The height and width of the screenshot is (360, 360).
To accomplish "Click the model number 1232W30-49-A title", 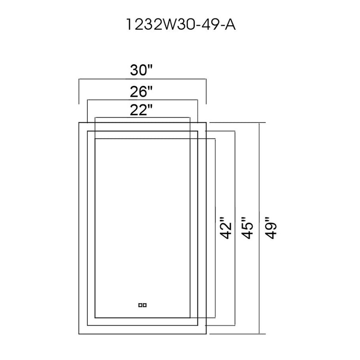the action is point(181,25).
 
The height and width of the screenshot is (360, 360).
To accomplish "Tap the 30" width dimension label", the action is point(141,70).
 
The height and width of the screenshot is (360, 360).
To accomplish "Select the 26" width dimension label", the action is point(141,92).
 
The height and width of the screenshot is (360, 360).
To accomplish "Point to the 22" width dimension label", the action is point(141,110).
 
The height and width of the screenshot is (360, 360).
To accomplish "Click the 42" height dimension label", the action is point(225,228).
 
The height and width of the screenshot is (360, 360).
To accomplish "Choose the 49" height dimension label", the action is point(271,228).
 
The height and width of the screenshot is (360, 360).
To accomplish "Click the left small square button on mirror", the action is point(140,305).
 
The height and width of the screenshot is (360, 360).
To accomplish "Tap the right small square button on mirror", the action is point(144,305).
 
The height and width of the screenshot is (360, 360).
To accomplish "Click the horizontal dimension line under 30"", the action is point(142,79).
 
